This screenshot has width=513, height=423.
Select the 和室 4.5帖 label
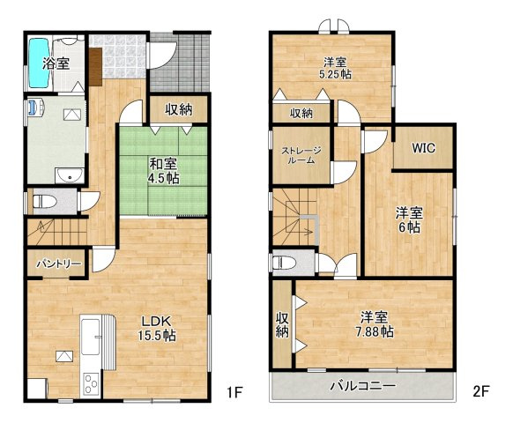click(164, 168)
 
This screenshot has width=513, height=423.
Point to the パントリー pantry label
click(59, 263)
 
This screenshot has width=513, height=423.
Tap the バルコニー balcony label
click(362, 385)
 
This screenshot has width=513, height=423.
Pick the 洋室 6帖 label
click(408, 219)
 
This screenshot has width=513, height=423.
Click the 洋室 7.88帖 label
click(375, 324)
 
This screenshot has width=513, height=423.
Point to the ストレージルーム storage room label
click(301, 154)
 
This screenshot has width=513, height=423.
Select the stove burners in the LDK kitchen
click(92, 382)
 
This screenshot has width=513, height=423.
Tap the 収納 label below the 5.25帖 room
click(301, 113)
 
